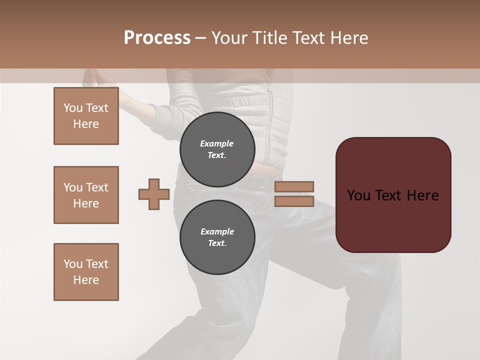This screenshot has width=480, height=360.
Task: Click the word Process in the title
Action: coord(157,38)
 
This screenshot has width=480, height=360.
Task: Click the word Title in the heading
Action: coord(268,38)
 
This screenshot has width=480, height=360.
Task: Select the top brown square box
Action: coord(86,116)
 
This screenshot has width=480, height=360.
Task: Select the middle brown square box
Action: coord(86,195)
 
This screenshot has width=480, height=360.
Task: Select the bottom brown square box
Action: coord(86,272)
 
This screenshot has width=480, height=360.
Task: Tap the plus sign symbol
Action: coord(154,194)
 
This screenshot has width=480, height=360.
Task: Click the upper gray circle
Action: coord(217,149)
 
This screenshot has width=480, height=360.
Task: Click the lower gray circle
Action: coord(217,237)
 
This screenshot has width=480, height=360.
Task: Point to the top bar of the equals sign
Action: coord(294,186)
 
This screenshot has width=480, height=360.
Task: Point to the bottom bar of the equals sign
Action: coord(294,201)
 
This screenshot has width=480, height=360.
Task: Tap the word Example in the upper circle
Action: coord(217,143)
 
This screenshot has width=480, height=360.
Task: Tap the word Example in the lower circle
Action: coord(217,231)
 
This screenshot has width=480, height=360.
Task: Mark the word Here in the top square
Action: coord(86,124)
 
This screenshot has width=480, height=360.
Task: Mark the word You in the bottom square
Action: coord(73,264)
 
